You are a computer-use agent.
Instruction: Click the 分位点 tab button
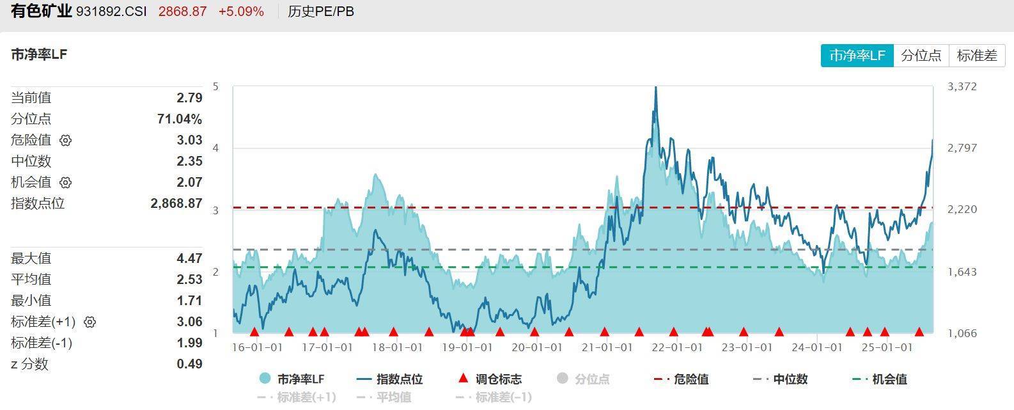(x=921, y=56)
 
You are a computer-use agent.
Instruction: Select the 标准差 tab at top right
(x=977, y=56)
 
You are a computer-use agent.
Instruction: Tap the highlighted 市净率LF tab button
(x=857, y=56)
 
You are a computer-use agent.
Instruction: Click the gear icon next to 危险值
(x=66, y=140)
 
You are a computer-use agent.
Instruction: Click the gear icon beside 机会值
(x=66, y=182)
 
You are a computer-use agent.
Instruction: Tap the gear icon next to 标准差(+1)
(x=90, y=322)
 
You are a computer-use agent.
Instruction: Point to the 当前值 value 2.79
(x=189, y=98)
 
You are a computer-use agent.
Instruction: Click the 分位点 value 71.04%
(x=179, y=119)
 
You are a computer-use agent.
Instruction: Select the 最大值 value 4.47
(x=189, y=258)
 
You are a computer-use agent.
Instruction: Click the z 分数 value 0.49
(x=189, y=364)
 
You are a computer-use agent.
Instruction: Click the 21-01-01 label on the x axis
(x=607, y=347)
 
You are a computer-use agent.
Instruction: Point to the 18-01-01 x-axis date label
(x=397, y=347)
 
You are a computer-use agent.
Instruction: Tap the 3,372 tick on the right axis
(x=962, y=86)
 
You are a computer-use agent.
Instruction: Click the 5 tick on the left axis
(x=215, y=86)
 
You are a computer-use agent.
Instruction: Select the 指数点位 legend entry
(x=391, y=379)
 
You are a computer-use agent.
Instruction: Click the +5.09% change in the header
(x=240, y=12)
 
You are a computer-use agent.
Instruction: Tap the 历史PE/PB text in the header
(x=320, y=12)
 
